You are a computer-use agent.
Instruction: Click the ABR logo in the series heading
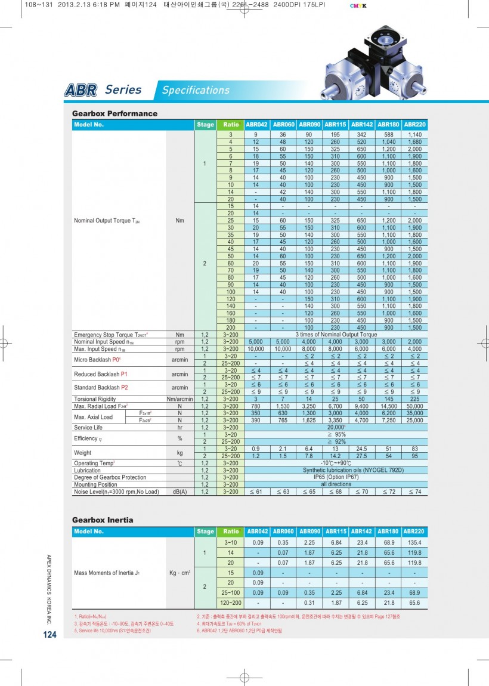point(81,91)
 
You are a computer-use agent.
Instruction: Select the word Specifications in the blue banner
point(196,91)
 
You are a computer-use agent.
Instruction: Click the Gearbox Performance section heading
point(114,113)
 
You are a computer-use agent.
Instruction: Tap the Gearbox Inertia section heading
point(103,520)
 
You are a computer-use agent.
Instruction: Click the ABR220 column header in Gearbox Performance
point(415,125)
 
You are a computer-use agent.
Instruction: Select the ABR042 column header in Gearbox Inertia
point(258,531)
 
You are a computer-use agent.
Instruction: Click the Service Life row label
point(88,428)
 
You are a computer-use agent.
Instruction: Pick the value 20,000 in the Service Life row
point(336,428)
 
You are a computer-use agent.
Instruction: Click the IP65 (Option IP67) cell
point(336,477)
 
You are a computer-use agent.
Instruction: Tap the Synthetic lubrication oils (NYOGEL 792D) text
point(336,470)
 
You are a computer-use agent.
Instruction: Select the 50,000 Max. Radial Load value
point(415,406)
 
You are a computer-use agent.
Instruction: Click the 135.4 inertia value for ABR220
point(415,542)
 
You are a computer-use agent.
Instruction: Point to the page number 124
point(49,635)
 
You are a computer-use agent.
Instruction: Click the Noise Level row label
point(116,492)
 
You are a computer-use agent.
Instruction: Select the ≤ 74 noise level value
point(415,492)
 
